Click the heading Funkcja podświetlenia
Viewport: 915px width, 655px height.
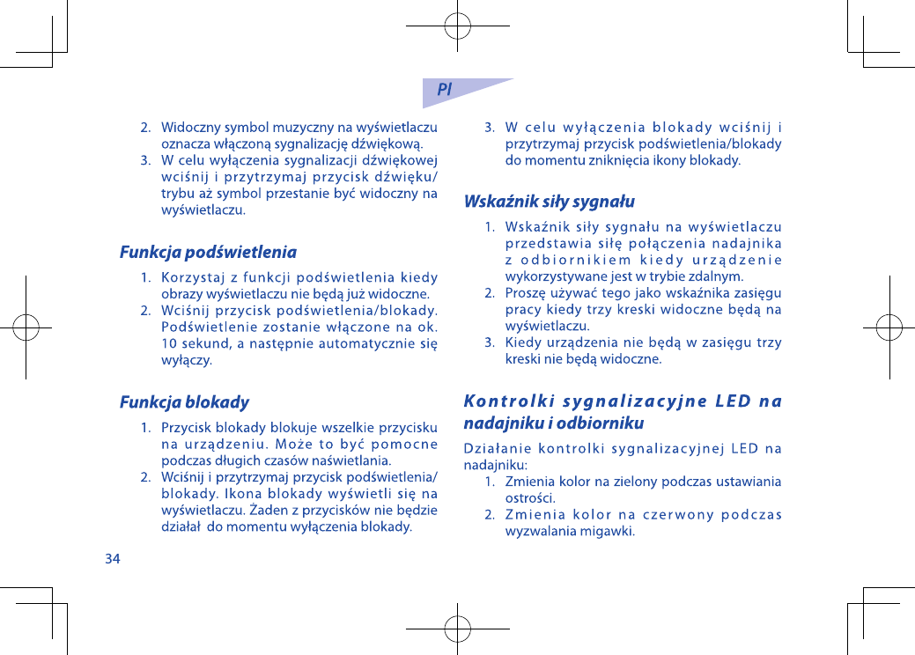coord(208,253)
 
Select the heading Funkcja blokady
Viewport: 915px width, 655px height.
coord(184,403)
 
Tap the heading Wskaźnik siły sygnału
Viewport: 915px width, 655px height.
coord(549,202)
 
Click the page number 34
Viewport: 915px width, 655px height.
coord(113,558)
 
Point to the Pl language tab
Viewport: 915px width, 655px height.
coord(445,90)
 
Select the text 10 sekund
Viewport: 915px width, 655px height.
coord(188,343)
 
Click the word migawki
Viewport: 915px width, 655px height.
coord(608,532)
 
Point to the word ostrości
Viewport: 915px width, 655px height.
coord(529,498)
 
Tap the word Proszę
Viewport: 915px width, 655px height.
coord(526,293)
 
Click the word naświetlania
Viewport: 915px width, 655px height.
coord(353,460)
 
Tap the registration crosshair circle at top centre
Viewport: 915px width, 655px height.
coord(458,26)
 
